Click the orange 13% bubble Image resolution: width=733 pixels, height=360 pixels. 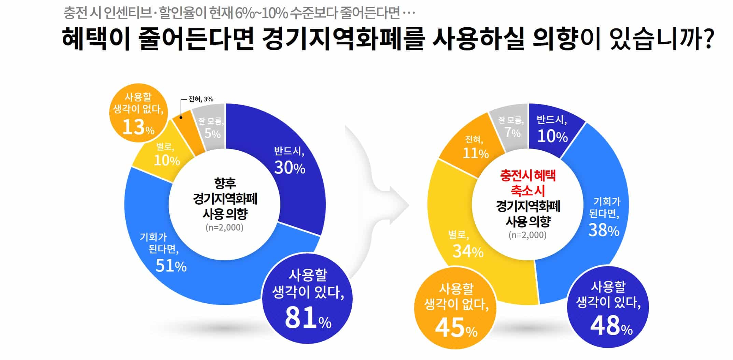tap(139, 113)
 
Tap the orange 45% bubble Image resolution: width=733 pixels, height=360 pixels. tap(456, 308)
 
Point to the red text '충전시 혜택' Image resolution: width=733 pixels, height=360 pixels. tap(528, 176)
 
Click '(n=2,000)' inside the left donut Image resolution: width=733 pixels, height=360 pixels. tap(224, 227)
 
